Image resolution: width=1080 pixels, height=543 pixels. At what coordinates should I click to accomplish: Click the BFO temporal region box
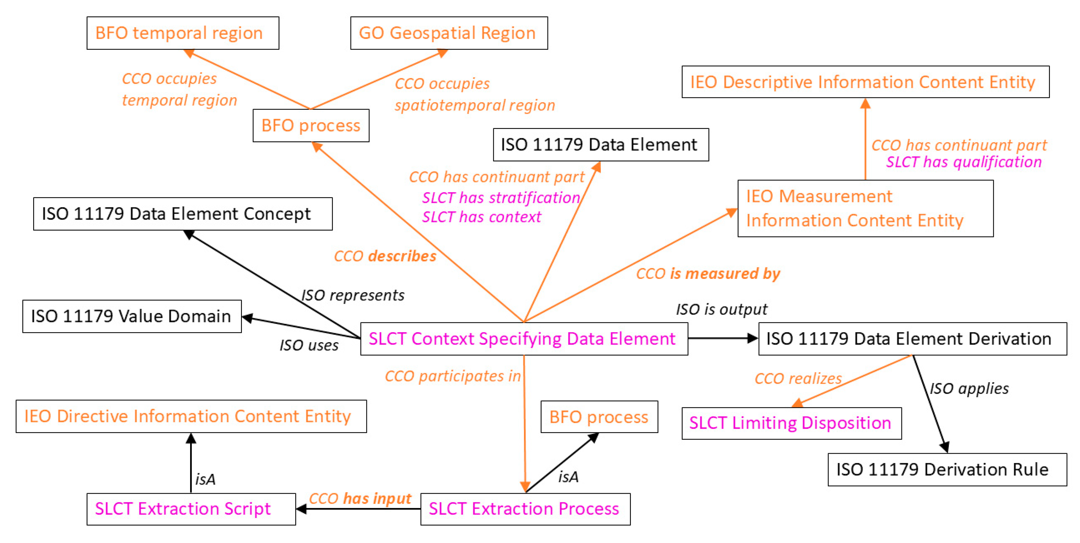click(x=183, y=33)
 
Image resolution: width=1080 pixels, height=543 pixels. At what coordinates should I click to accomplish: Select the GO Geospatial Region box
click(x=449, y=33)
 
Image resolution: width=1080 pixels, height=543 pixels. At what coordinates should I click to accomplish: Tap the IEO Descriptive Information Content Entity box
click(x=865, y=82)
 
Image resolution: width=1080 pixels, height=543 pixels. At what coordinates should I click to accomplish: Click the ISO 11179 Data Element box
click(x=600, y=144)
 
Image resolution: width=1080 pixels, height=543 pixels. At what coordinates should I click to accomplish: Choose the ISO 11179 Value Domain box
click(x=132, y=316)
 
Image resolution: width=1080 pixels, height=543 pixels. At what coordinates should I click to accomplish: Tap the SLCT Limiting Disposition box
click(x=791, y=423)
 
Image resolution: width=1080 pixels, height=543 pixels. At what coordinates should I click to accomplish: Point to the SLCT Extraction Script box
click(x=191, y=509)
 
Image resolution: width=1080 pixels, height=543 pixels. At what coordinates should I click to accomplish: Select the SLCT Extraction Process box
click(x=525, y=509)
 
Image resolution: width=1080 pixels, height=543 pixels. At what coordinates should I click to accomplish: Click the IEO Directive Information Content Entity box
click(x=191, y=417)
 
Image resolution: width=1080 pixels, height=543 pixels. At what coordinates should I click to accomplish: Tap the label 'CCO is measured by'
click(x=708, y=274)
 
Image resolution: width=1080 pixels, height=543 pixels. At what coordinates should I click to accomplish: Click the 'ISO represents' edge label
click(x=353, y=295)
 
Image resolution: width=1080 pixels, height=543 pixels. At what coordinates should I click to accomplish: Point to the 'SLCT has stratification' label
click(x=501, y=198)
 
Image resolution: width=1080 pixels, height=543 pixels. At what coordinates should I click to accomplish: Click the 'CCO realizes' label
click(x=798, y=379)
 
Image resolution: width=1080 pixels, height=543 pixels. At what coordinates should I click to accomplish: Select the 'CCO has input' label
click(x=360, y=499)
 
